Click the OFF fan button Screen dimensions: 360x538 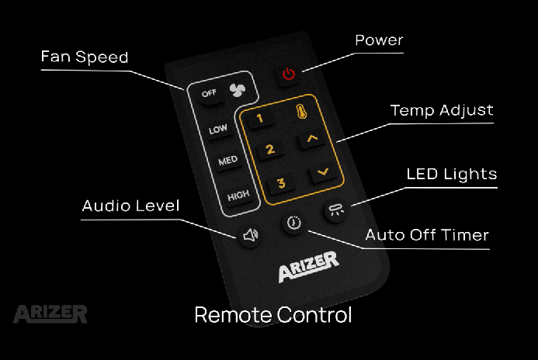click(209, 94)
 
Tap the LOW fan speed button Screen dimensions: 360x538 click(218, 130)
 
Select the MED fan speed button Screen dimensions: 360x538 click(228, 161)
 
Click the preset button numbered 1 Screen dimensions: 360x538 click(259, 119)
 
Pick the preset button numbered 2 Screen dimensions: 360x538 click(270, 149)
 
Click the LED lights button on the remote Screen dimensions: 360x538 click(336, 210)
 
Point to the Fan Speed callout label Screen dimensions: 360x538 click(85, 58)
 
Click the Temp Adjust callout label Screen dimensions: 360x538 click(442, 110)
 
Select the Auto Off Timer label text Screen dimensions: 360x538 click(427, 234)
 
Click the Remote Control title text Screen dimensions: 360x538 click(272, 315)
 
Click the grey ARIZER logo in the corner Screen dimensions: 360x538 click(50, 313)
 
